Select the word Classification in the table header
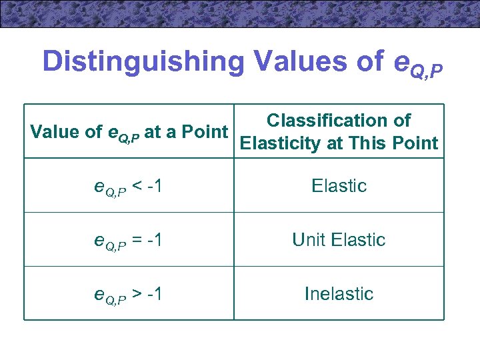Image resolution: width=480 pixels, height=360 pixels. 319,121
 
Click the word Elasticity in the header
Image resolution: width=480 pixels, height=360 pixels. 282,143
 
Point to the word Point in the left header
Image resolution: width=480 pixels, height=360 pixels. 207,132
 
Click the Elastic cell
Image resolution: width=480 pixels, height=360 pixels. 339,185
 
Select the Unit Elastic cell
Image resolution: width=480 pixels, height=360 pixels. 339,239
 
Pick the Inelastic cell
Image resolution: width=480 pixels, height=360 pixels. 339,293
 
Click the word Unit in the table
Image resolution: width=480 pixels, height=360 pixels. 309,239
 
